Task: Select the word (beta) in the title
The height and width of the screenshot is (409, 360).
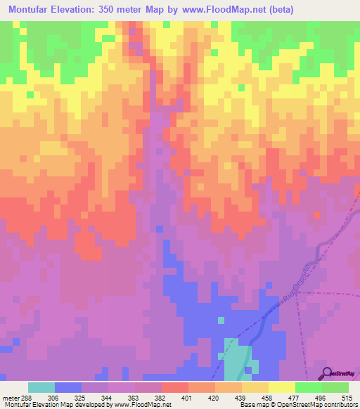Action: (x=277, y=10)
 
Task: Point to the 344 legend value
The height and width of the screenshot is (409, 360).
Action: (x=108, y=397)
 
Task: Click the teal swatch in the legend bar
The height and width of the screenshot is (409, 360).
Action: (x=41, y=387)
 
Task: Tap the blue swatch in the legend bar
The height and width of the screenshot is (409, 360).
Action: (x=68, y=387)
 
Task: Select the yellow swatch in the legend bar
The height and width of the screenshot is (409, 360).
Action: (x=281, y=387)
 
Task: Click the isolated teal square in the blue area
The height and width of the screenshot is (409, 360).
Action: (x=221, y=320)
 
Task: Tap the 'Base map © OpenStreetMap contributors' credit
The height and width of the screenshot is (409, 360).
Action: (x=298, y=404)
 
